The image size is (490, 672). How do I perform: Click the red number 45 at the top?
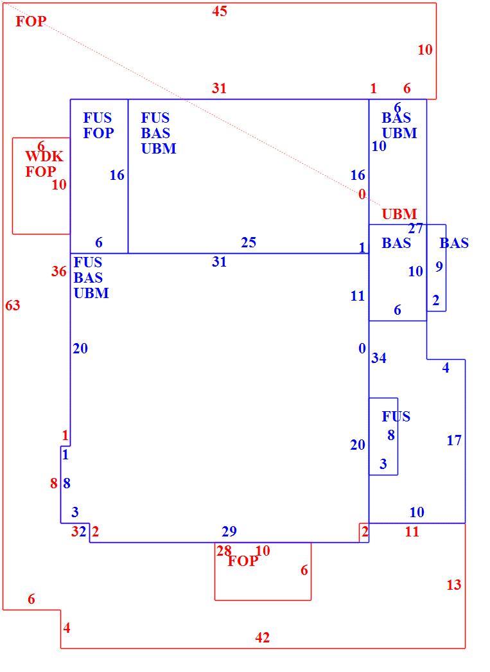click(219, 11)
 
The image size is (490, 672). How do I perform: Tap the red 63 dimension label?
click(12, 306)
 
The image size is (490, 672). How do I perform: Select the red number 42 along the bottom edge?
click(262, 638)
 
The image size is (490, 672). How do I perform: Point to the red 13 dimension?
click(453, 585)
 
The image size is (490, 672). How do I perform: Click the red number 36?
click(58, 271)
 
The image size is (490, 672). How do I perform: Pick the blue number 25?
click(249, 243)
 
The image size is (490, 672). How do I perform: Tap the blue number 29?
click(229, 531)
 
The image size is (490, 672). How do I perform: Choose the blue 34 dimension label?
click(379, 358)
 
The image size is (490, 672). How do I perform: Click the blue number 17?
click(454, 440)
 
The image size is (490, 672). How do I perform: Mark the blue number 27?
click(416, 229)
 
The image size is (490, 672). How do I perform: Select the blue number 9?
click(439, 267)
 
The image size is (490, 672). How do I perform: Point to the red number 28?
click(223, 551)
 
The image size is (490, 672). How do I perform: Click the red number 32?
click(79, 532)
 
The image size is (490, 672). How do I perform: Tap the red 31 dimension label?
click(219, 88)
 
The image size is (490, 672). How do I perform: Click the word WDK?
click(44, 156)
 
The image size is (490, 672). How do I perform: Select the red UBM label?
click(399, 214)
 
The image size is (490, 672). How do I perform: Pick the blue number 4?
click(446, 367)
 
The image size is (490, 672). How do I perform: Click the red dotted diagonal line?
click(193, 104)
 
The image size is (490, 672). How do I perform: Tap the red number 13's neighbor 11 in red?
click(412, 532)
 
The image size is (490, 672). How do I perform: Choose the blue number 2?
click(435, 301)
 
